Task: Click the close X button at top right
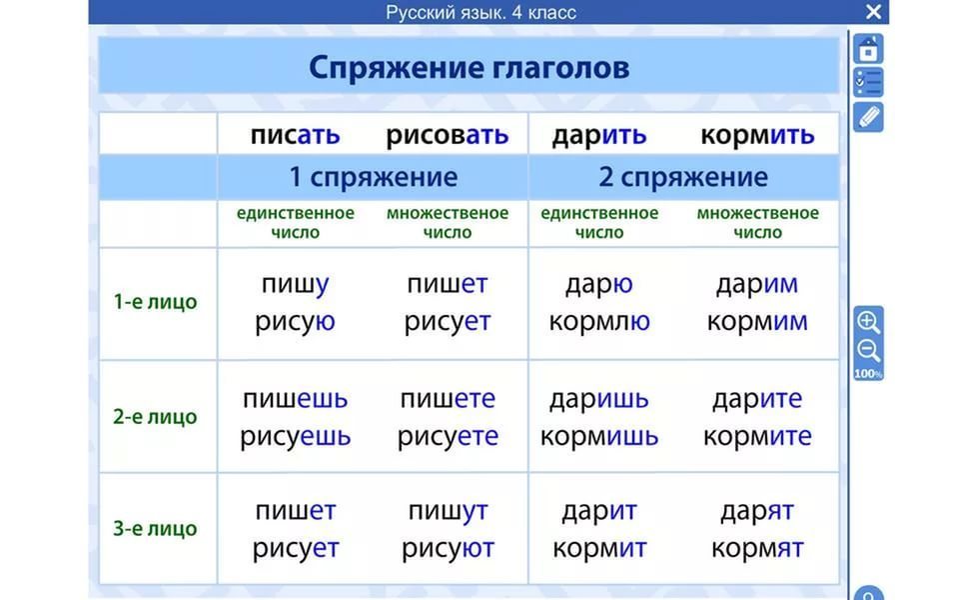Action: (873, 12)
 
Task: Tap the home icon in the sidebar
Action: (868, 49)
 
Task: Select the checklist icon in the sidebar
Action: (868, 82)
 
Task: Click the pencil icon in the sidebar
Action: (868, 117)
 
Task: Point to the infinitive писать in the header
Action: (295, 135)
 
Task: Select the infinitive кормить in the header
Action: (757, 135)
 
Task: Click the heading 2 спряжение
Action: (683, 177)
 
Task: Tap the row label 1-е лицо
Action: (156, 302)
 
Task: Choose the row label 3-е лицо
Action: (156, 528)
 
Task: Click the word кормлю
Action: (599, 321)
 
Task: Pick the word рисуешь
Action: (295, 437)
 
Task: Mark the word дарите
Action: (757, 399)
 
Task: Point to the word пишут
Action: (448, 511)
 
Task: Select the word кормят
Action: (757, 549)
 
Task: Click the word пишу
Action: (295, 284)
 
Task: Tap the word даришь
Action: (599, 399)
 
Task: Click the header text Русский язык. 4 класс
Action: (480, 12)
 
